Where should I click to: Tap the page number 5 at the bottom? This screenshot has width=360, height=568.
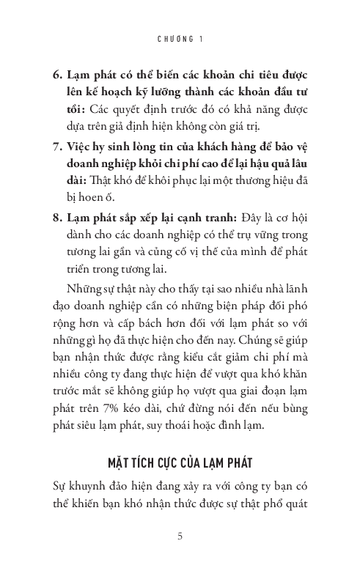click(180, 536)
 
